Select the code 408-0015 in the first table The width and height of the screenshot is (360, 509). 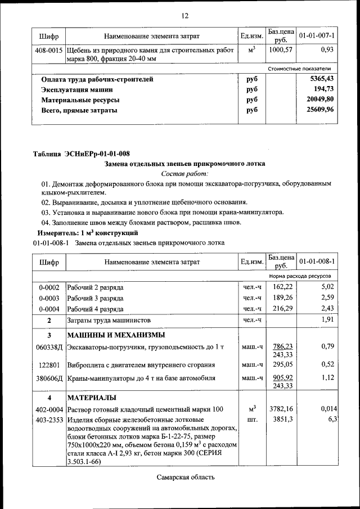pyautogui.click(x=49, y=50)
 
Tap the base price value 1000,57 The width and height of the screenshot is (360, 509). pyautogui.click(x=281, y=50)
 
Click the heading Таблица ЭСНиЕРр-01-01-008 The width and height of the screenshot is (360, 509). pyautogui.click(x=82, y=154)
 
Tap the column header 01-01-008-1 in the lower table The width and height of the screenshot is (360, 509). pyautogui.click(x=317, y=262)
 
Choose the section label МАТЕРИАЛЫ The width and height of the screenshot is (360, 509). pyautogui.click(x=92, y=398)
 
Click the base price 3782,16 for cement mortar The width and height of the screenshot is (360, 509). pyautogui.click(x=281, y=409)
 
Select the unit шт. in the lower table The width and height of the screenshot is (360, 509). pyautogui.click(x=251, y=420)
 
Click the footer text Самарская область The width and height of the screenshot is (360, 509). pyautogui.click(x=186, y=478)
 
